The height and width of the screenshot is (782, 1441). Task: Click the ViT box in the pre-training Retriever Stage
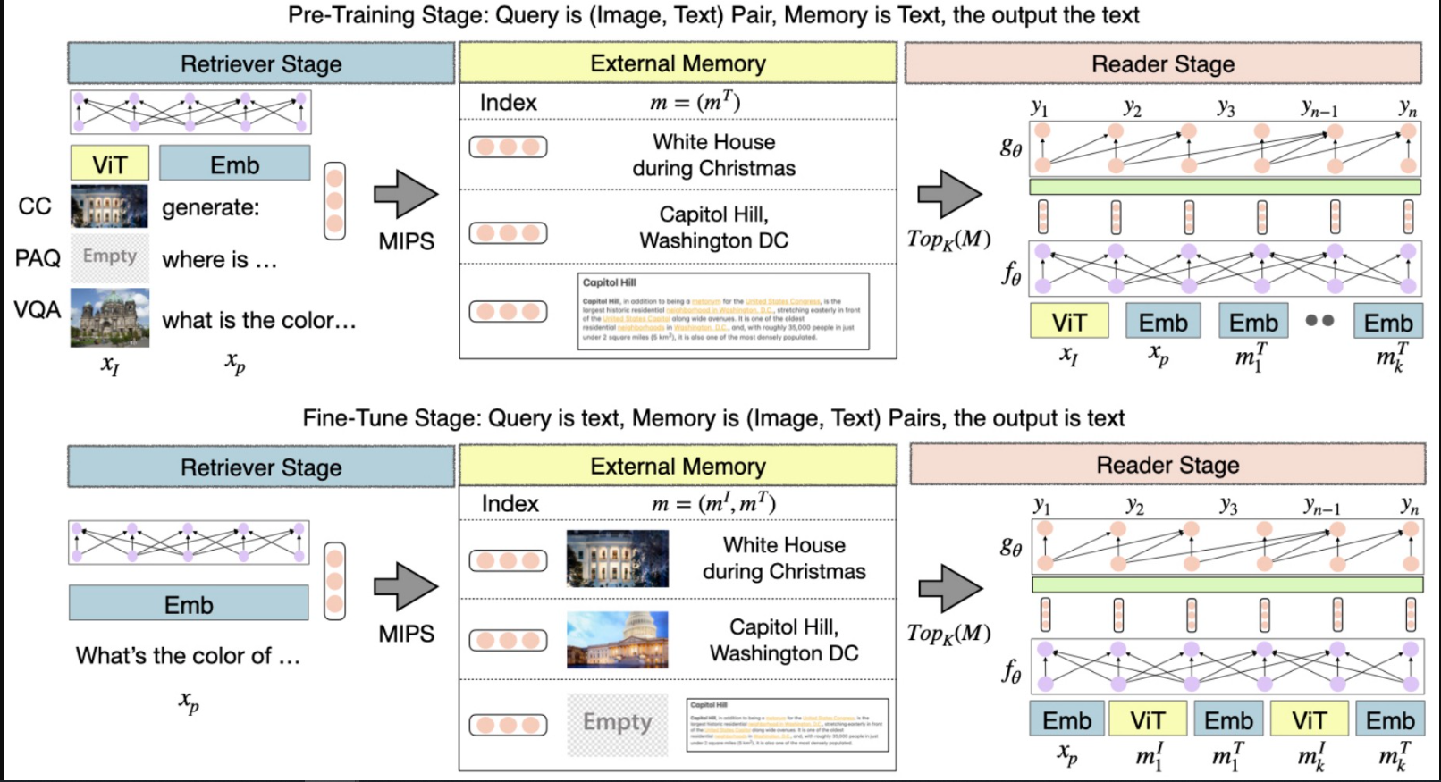point(109,164)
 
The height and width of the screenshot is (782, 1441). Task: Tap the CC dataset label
point(35,206)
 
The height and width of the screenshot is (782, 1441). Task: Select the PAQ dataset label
point(38,259)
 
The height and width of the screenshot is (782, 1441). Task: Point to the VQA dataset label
point(38,310)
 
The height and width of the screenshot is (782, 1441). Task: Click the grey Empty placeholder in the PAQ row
point(110,256)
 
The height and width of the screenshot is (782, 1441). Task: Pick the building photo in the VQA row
point(110,317)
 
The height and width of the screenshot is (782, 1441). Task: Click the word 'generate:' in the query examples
point(211,207)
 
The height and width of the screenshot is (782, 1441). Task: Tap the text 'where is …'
point(220,260)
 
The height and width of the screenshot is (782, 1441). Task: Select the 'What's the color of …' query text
point(188,656)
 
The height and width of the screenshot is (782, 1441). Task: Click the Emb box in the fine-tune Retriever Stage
point(189,605)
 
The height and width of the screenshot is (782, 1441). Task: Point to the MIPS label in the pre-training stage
point(406,241)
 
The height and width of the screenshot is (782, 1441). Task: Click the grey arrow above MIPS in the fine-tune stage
point(407,587)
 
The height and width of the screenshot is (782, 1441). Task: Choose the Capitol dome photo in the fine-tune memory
point(617,640)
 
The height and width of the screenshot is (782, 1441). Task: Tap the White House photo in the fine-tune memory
point(617,559)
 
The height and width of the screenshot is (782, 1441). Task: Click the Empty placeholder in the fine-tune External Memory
point(617,723)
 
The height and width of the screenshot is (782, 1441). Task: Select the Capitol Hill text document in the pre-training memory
point(722,311)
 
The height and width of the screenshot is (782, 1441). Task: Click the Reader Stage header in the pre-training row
point(1162,64)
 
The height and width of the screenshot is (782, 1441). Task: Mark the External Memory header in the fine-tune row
point(678,467)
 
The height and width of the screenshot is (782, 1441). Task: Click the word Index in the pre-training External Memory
point(508,103)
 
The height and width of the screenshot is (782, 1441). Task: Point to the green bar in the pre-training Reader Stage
point(1225,187)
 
